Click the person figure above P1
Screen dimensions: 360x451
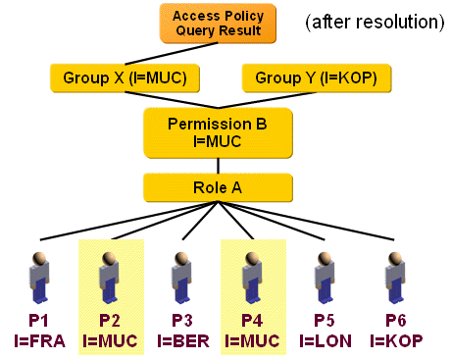(x=38, y=276)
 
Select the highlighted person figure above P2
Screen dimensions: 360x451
(x=111, y=276)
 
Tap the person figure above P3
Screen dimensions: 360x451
(x=181, y=276)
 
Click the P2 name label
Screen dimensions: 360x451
(x=111, y=320)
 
